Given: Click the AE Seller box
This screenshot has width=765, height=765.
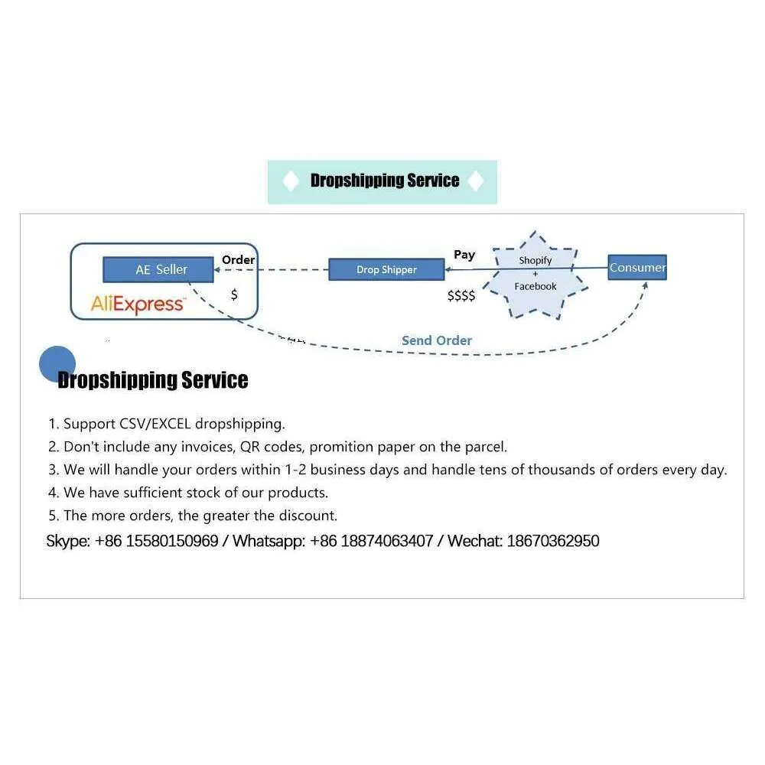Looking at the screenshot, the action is pyautogui.click(x=158, y=269).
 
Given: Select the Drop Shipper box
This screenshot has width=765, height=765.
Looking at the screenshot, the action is pyautogui.click(x=386, y=269).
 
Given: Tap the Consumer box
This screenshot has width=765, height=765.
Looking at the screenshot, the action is pyautogui.click(x=637, y=267).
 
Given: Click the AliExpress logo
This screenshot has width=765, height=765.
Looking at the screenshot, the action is pyautogui.click(x=138, y=304).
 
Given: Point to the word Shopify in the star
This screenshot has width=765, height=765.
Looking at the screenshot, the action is pyautogui.click(x=535, y=261).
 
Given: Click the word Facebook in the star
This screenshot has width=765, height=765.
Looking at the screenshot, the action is pyautogui.click(x=535, y=286).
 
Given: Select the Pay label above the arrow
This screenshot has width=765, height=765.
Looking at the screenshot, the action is pyautogui.click(x=464, y=255).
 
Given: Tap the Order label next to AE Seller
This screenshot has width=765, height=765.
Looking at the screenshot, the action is pyautogui.click(x=238, y=259).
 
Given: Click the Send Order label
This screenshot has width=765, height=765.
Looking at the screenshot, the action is pyautogui.click(x=437, y=340).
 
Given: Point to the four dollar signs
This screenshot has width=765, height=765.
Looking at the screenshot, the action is pyautogui.click(x=461, y=295).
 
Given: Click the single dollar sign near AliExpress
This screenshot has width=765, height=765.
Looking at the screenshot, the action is pyautogui.click(x=234, y=295).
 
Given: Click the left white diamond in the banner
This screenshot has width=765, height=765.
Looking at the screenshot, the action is pyautogui.click(x=291, y=181).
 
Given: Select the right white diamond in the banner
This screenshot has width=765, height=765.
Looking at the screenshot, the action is pyautogui.click(x=476, y=181).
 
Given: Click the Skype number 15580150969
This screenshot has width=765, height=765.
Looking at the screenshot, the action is pyautogui.click(x=172, y=541).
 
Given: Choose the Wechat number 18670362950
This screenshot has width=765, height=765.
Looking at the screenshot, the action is pyautogui.click(x=553, y=541).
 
